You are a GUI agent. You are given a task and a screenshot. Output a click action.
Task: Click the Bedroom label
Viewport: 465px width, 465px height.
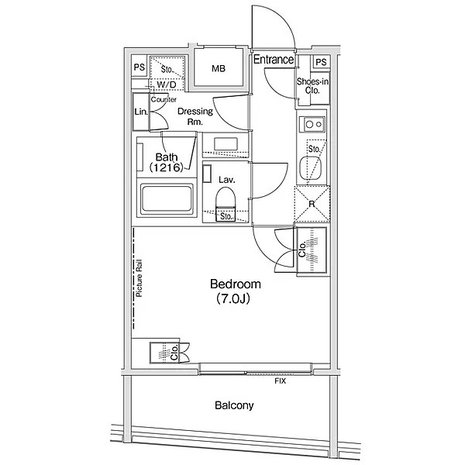click(236, 284)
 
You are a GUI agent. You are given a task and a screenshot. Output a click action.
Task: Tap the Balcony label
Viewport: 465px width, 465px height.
click(234, 405)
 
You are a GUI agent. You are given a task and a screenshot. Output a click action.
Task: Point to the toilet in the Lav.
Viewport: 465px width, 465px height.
click(226, 200)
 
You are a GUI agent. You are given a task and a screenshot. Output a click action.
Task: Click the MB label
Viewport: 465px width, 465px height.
click(219, 69)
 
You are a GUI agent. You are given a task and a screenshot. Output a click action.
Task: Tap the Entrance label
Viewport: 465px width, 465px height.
click(273, 60)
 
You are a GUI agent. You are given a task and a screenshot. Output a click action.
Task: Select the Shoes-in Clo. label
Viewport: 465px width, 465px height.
click(312, 86)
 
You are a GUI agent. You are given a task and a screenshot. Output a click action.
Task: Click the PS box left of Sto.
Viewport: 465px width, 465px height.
click(139, 67)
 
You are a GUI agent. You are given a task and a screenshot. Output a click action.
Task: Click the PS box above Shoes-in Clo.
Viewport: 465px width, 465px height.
click(321, 62)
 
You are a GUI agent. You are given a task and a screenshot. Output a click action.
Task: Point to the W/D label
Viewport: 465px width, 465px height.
click(167, 84)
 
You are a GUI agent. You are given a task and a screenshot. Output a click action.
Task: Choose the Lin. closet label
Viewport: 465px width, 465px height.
click(140, 112)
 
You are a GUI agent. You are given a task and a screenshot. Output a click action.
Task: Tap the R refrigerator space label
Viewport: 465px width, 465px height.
click(312, 204)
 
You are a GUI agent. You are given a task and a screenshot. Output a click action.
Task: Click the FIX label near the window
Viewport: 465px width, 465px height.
click(280, 381)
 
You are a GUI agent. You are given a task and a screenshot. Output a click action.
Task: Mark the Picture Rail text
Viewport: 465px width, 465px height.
click(139, 278)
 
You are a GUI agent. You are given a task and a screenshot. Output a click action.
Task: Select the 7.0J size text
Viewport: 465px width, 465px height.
click(233, 298)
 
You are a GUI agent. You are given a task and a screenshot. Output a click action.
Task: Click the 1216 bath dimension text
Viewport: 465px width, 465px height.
click(167, 168)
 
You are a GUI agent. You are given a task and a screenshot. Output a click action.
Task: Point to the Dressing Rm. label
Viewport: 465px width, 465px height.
click(195, 116)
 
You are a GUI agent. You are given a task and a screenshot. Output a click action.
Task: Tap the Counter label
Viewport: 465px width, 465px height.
click(164, 99)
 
